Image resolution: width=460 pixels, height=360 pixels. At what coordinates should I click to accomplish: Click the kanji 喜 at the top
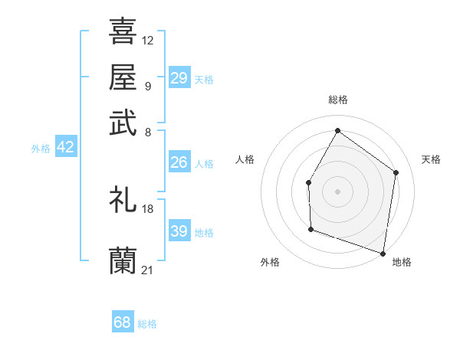pyautogui.click(x=123, y=31)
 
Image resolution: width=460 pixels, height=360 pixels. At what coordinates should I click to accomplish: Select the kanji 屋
pyautogui.click(x=123, y=77)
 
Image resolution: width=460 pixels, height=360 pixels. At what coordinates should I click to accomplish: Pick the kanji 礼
pyautogui.click(x=123, y=200)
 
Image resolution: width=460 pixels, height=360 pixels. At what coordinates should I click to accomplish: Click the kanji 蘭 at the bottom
pyautogui.click(x=123, y=261)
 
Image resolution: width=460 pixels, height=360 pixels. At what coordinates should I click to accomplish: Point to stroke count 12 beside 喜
pyautogui.click(x=148, y=40)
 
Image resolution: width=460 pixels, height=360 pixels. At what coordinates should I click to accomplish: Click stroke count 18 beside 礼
pyautogui.click(x=148, y=208)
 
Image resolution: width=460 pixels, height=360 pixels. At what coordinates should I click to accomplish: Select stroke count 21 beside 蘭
pyautogui.click(x=148, y=270)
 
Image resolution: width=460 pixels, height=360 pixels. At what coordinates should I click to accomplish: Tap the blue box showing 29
pyautogui.click(x=179, y=78)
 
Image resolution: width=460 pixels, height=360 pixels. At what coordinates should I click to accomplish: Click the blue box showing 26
pyautogui.click(x=179, y=162)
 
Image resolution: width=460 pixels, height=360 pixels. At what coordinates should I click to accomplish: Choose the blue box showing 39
pyautogui.click(x=179, y=231)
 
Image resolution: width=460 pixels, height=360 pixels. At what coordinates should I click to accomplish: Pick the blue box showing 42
pyautogui.click(x=66, y=148)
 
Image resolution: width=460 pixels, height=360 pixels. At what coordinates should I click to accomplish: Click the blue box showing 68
pyautogui.click(x=123, y=322)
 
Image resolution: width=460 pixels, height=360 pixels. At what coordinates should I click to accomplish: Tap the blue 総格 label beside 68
pyautogui.click(x=147, y=324)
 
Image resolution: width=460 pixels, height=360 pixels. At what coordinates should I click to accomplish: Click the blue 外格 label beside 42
pyautogui.click(x=41, y=149)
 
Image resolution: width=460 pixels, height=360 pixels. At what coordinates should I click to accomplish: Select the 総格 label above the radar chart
pyautogui.click(x=337, y=100)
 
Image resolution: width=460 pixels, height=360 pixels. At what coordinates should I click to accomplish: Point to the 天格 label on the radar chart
pyautogui.click(x=431, y=159)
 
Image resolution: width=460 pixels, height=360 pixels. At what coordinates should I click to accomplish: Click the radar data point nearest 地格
pyautogui.click(x=383, y=253)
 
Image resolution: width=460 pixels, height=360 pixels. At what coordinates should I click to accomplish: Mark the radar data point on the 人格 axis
pyautogui.click(x=308, y=182)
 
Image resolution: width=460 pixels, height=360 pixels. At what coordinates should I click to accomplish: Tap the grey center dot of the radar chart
pyautogui.click(x=337, y=191)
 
